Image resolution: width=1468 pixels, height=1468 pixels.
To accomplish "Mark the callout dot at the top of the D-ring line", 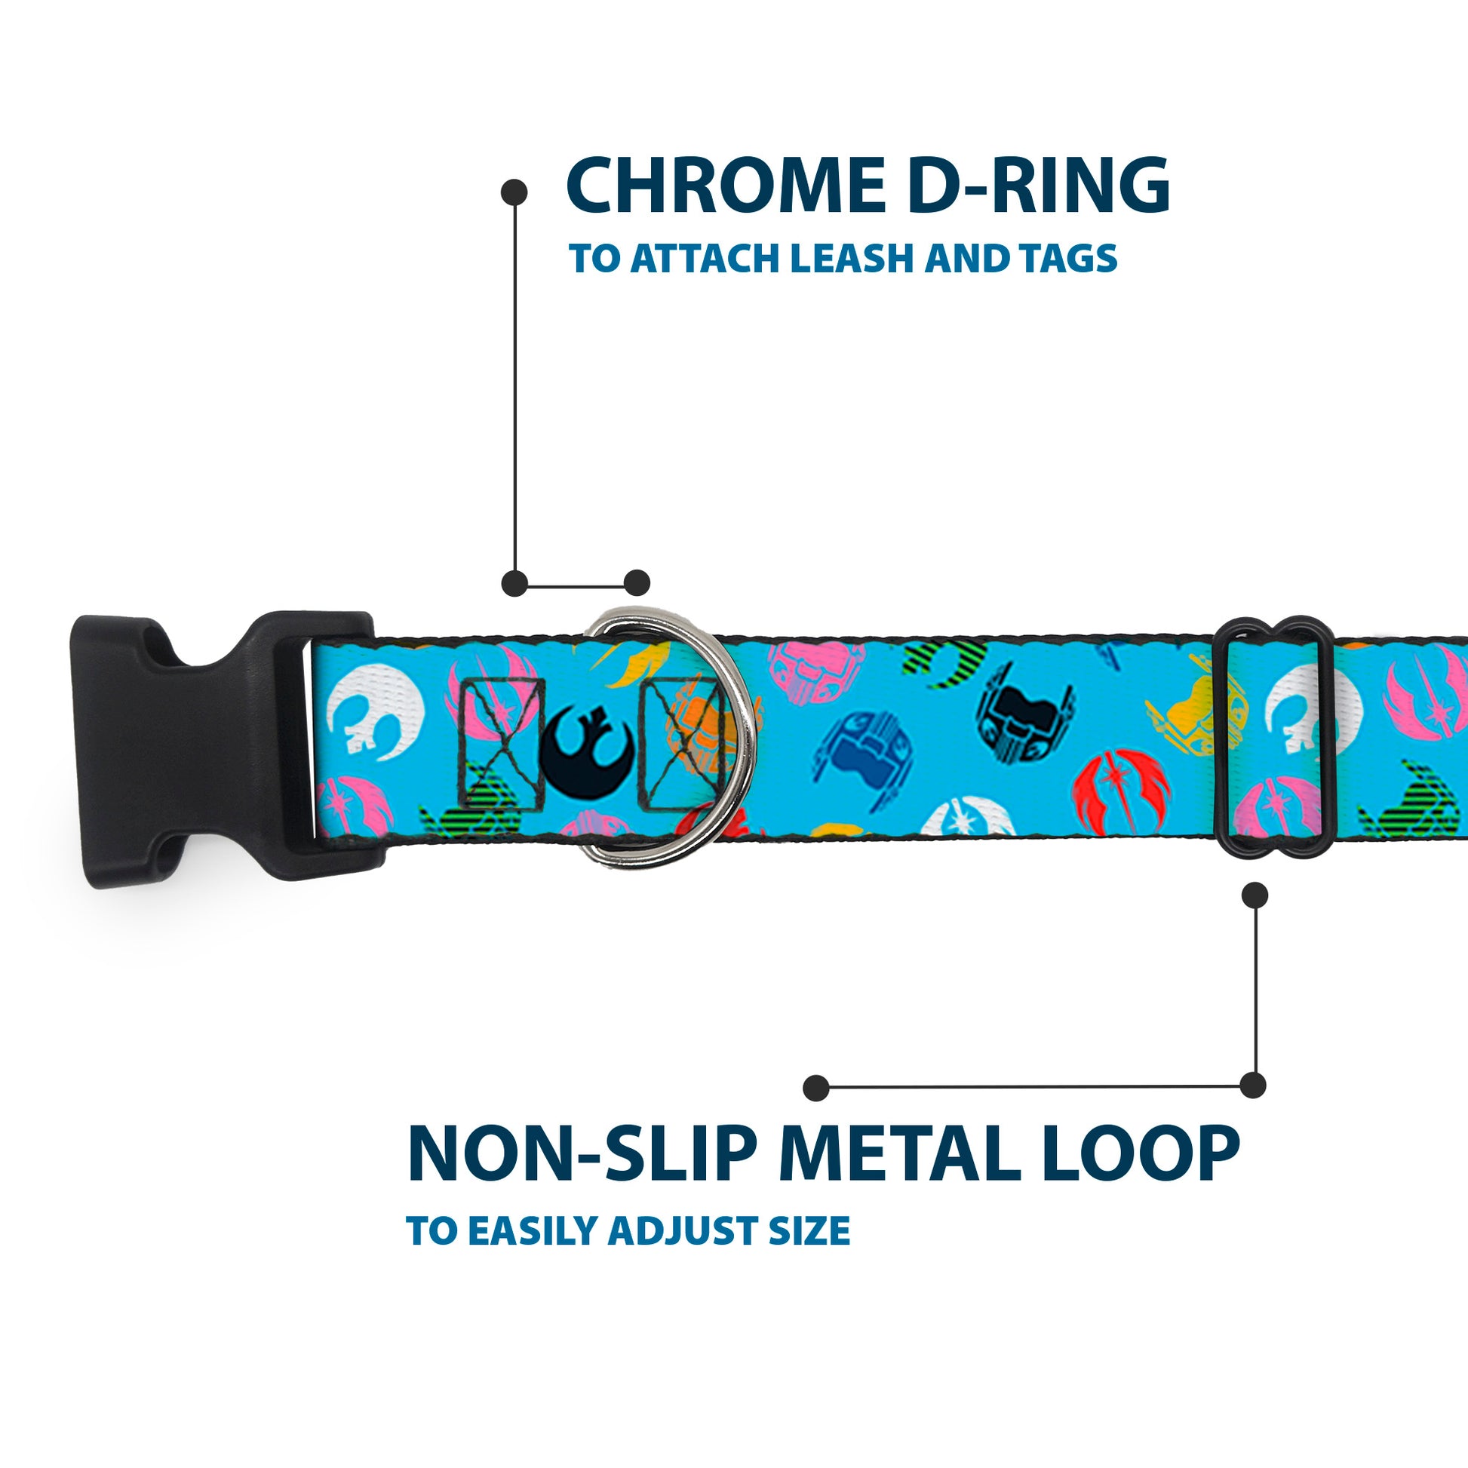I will coord(515,192).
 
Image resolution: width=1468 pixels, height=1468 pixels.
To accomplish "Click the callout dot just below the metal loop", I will coord(1255,895).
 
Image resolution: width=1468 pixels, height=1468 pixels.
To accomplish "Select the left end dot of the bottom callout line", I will coord(816,1087).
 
